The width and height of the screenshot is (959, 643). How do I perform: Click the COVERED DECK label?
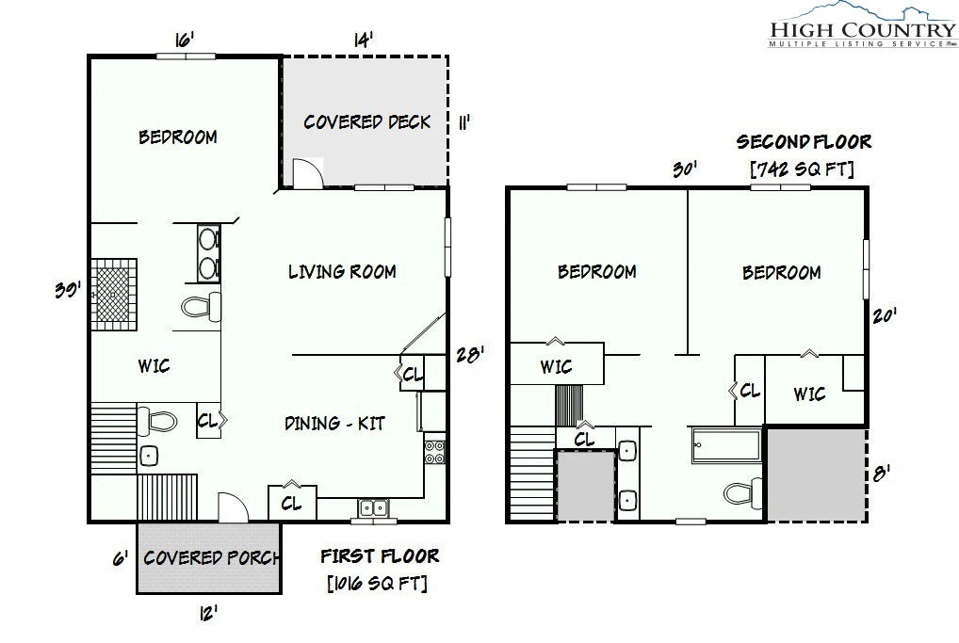pos(367,121)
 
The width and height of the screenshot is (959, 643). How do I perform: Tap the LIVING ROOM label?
pos(342,271)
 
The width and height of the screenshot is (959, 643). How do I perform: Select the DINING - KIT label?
pos(334,423)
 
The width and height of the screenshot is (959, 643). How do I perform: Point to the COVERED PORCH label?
pos(212,557)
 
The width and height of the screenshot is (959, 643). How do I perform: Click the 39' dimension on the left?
pos(67,288)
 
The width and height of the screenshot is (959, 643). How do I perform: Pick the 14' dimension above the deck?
pos(364,40)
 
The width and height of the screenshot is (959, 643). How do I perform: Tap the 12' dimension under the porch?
pos(208,613)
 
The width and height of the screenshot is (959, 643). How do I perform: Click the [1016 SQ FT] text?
pos(378,583)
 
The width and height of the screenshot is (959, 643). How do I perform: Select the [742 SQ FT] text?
pos(802,169)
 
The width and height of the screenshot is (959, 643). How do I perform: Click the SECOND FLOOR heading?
pos(804,142)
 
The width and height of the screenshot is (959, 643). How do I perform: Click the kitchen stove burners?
pos(435,452)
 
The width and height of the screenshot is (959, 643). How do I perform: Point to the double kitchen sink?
pos(373,508)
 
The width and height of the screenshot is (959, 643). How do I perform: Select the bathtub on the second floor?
pos(726,444)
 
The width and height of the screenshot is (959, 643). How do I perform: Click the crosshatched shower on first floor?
pos(114,295)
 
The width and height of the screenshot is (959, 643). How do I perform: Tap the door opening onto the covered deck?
pos(308,173)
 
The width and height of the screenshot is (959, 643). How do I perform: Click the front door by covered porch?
pos(233,507)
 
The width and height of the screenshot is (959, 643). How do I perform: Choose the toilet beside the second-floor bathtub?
pos(743,492)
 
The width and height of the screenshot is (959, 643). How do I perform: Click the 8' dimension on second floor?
pos(881,473)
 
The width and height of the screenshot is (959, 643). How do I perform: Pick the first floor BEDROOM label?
pos(178,137)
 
